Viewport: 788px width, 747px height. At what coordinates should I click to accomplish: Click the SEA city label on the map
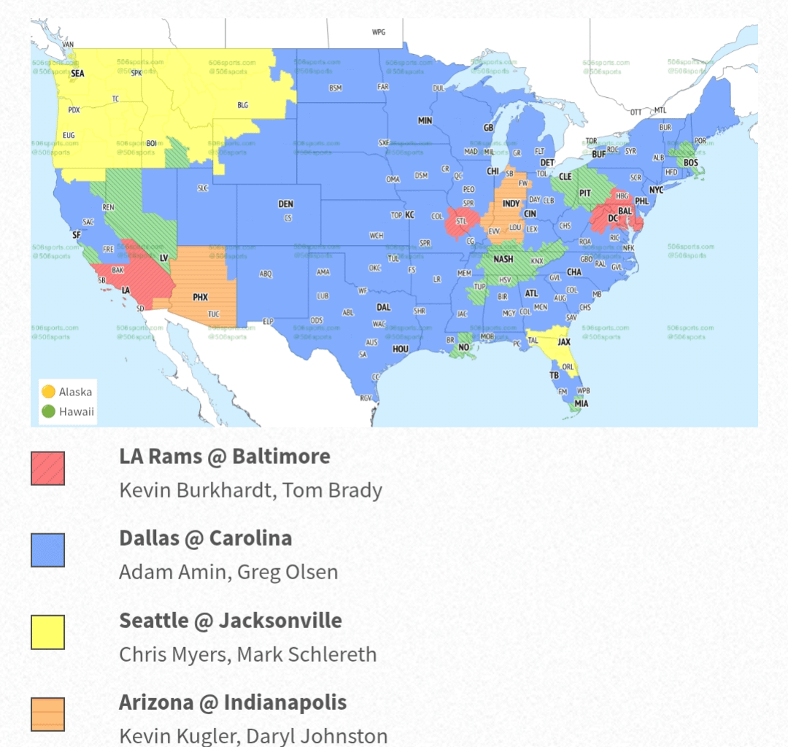[x=77, y=73]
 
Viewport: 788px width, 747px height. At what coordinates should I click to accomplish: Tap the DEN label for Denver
[x=286, y=204]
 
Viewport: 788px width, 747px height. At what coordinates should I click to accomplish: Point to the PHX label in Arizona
[x=200, y=298]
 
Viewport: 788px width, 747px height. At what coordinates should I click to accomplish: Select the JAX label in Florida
[x=563, y=341]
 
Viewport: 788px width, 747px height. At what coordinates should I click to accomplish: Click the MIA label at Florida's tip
[x=581, y=403]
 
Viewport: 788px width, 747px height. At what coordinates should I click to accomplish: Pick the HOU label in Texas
[x=401, y=349]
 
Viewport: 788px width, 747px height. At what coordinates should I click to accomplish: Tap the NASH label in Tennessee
[x=503, y=259]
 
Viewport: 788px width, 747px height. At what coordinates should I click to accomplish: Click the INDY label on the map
[x=511, y=204]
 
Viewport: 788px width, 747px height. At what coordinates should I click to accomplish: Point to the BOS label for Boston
[x=690, y=163]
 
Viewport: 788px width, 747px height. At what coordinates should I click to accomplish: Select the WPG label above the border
[x=378, y=32]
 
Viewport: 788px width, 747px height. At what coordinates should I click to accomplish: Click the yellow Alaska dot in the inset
[x=49, y=392]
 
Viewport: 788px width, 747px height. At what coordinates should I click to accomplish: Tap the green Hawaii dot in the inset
[x=49, y=411]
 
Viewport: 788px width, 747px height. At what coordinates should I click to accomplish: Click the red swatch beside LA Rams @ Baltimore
[x=48, y=468]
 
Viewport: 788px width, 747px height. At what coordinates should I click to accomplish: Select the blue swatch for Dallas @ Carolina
[x=48, y=550]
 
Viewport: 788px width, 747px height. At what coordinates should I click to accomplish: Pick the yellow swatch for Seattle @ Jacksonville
[x=48, y=632]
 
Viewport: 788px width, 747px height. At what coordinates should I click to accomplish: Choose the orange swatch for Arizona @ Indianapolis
[x=48, y=714]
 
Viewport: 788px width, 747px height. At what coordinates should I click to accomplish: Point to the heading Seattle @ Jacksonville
[x=231, y=621]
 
